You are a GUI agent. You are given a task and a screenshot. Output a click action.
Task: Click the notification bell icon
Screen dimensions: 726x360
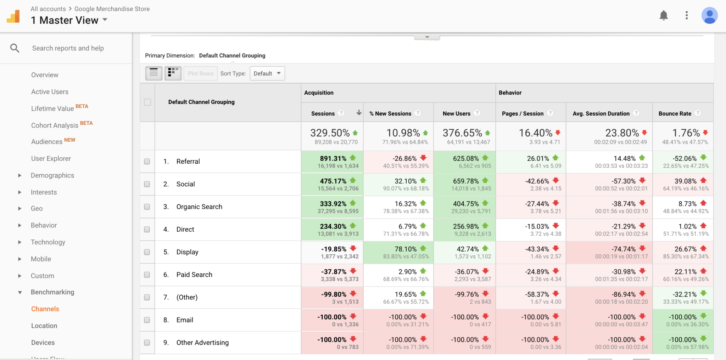point(664,16)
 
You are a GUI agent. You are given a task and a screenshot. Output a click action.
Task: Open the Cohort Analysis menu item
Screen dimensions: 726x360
point(55,125)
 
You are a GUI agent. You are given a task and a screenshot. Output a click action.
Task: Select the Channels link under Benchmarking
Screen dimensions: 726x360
point(45,309)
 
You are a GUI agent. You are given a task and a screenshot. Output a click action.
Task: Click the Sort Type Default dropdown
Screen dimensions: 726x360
point(267,73)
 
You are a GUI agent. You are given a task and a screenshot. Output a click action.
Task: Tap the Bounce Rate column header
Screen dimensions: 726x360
point(675,113)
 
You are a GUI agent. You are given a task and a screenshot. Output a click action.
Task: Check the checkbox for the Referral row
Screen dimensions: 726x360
point(147,162)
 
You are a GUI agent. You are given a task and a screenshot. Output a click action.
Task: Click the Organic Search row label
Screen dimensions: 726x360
point(199,207)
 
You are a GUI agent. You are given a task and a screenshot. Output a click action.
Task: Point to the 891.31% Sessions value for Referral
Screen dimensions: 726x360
point(333,158)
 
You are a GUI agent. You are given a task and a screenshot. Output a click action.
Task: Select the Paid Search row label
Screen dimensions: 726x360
point(194,275)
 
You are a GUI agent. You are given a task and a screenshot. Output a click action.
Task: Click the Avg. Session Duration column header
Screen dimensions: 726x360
point(601,113)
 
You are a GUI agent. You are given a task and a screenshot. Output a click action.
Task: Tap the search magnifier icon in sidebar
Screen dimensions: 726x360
point(15,48)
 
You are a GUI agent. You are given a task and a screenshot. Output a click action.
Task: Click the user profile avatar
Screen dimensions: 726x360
point(710,16)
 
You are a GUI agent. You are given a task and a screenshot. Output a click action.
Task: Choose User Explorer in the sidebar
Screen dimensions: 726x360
point(51,159)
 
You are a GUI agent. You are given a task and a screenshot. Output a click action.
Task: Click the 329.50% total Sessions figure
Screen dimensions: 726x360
point(330,133)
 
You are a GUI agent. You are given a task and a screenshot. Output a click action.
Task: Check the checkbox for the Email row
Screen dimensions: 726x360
point(147,320)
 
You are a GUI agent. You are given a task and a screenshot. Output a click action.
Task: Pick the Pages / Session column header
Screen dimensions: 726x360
point(523,113)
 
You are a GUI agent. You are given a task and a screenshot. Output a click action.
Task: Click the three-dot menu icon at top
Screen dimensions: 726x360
point(687,15)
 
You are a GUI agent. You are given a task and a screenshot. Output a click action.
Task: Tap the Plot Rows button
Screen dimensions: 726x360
point(201,73)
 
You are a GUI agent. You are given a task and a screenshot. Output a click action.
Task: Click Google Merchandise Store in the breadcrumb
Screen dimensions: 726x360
point(112,9)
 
